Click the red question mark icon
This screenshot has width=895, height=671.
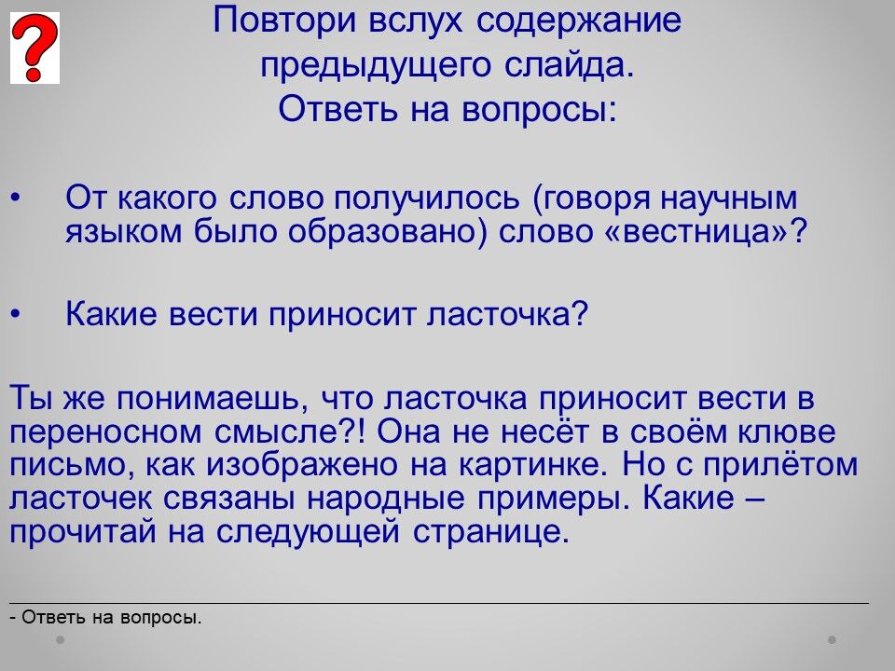34,48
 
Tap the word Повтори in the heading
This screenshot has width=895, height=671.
285,21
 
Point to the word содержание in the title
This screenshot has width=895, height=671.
578,21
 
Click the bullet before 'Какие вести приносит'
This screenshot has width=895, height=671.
16,314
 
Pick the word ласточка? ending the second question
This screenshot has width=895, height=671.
507,314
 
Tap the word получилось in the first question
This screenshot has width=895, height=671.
427,199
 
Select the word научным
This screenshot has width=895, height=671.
728,199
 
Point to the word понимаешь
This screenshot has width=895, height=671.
213,398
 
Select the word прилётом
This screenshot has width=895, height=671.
779,464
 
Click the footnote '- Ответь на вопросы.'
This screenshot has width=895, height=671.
105,617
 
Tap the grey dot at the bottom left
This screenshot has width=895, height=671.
60,640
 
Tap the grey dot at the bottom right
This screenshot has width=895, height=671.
833,640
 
